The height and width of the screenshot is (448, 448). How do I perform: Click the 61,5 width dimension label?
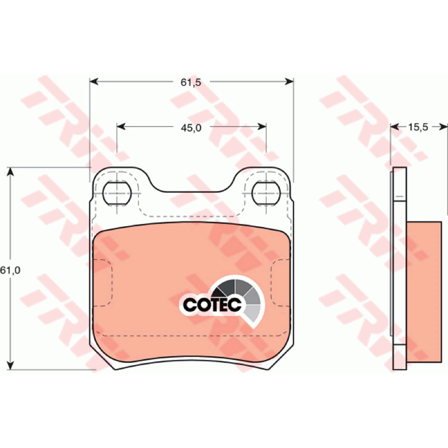[x=191, y=82]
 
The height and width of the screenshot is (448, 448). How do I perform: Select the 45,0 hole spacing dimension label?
[x=191, y=128]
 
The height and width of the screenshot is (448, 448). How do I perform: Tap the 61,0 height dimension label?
[x=10, y=270]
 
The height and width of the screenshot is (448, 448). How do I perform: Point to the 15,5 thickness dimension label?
[x=418, y=127]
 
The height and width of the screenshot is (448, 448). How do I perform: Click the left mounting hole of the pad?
[x=117, y=193]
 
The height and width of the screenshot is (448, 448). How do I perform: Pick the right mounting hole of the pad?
[x=266, y=193]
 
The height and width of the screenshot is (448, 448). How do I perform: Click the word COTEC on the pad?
[x=212, y=305]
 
